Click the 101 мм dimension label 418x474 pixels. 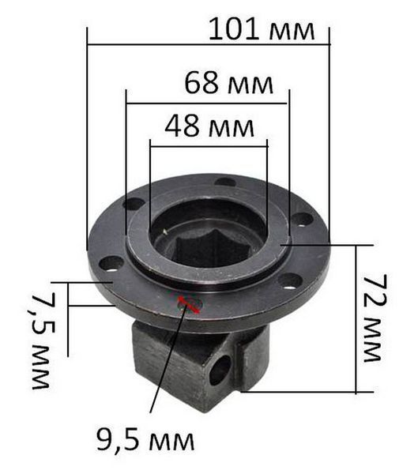click(x=262, y=29)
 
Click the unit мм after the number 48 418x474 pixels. click(x=232, y=128)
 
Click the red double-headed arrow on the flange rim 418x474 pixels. click(x=188, y=304)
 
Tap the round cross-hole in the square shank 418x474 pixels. click(x=220, y=370)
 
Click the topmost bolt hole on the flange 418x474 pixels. click(x=225, y=182)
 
